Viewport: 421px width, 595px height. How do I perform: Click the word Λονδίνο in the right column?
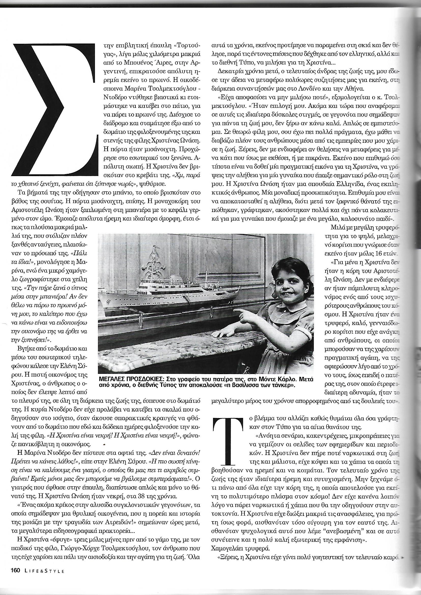click(x=299, y=89)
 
